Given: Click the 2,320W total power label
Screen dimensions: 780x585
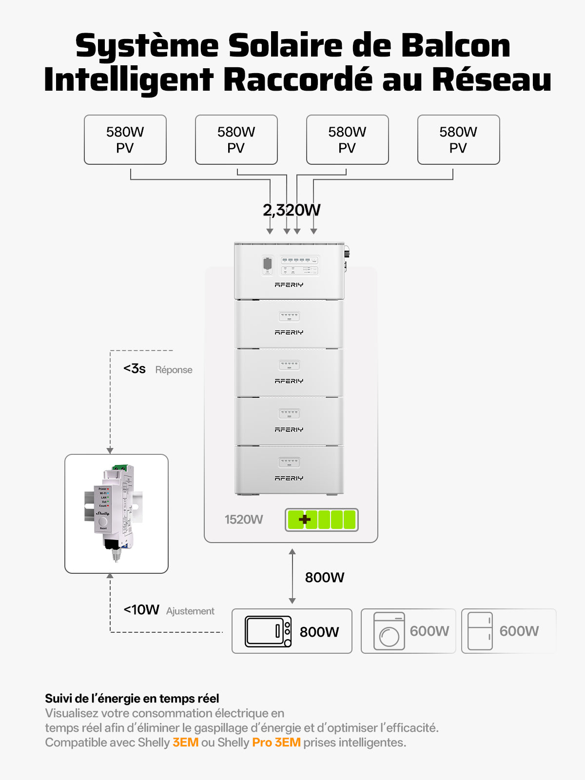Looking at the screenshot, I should tap(292, 210).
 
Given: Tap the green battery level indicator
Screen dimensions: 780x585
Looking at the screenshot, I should tap(322, 520).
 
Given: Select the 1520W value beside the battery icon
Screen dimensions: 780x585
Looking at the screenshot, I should tap(244, 520).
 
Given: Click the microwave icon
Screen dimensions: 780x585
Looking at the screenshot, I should tap(268, 632).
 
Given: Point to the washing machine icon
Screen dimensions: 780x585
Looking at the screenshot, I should tap(389, 631).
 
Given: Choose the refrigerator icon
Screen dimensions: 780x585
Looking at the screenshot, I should tap(480, 631).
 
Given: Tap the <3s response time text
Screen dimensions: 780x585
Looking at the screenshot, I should tap(135, 369).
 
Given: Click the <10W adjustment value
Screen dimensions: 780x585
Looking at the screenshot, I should tap(141, 610).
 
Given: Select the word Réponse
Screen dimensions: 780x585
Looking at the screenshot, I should tap(174, 370).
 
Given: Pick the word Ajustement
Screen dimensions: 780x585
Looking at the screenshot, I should tap(190, 611).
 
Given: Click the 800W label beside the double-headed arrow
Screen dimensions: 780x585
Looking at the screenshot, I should tap(325, 578).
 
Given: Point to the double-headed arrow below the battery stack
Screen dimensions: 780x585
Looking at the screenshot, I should tap(292, 576).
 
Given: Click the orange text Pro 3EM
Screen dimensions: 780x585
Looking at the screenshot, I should tap(276, 742).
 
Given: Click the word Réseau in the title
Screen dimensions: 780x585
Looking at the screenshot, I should tap(491, 79).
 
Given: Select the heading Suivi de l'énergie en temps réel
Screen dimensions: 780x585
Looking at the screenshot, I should tap(132, 699).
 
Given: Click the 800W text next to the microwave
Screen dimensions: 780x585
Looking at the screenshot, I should tap(319, 632).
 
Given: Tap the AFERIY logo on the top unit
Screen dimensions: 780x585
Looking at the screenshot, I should tap(289, 285).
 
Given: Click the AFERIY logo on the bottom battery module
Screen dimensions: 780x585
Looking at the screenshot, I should tap(289, 478).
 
